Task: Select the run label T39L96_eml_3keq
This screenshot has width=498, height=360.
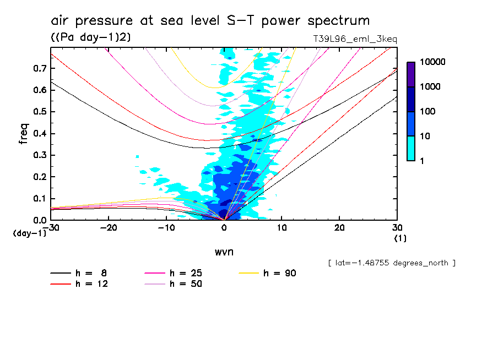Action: click(354, 39)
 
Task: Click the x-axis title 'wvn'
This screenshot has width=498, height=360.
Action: click(224, 252)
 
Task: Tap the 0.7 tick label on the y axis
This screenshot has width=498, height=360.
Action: click(39, 68)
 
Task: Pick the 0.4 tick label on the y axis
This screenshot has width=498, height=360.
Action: click(39, 134)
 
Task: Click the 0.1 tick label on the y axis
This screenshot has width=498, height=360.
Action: click(39, 199)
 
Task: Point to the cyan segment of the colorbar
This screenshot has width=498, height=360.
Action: click(411, 149)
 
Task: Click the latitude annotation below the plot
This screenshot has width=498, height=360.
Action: click(391, 263)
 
